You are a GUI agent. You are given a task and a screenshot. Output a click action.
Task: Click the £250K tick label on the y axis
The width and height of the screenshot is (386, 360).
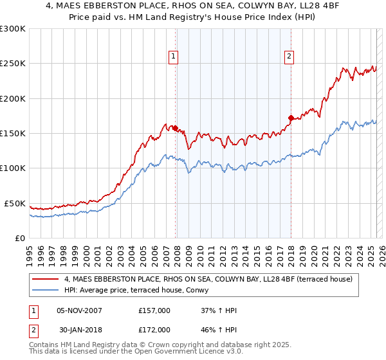(13, 64)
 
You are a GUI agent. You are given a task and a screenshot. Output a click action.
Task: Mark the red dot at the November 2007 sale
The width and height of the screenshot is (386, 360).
(175, 129)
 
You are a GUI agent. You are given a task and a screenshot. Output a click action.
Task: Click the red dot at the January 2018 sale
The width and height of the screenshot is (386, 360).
(291, 118)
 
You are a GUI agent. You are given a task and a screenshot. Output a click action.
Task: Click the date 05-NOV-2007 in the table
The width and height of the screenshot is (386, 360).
(79, 310)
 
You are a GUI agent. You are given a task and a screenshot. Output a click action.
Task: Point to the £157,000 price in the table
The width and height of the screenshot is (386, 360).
(154, 310)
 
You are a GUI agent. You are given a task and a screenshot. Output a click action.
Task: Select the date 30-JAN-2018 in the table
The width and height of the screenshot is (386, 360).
(79, 329)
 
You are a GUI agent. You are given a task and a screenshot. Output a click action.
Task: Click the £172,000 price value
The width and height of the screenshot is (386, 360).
(154, 329)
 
